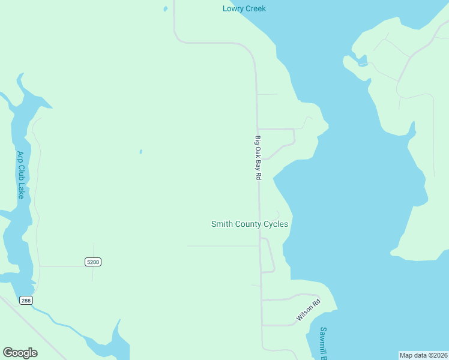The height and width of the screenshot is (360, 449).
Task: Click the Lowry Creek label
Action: click(x=244, y=8)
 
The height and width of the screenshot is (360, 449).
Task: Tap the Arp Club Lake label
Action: click(x=20, y=175)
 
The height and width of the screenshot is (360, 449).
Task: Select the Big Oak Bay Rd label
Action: click(x=258, y=158)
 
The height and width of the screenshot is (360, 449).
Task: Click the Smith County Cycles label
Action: click(x=249, y=224)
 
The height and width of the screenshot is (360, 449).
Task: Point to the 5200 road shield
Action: click(x=92, y=262)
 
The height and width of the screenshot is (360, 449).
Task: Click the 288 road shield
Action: click(x=25, y=300)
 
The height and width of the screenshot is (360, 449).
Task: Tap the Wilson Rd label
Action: click(x=309, y=310)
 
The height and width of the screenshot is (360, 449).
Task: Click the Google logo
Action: click(x=20, y=353)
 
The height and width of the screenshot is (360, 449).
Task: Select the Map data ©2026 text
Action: click(x=423, y=355)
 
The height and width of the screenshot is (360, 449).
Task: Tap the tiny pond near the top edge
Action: click(x=166, y=9)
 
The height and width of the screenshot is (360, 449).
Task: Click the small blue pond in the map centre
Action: click(x=141, y=151)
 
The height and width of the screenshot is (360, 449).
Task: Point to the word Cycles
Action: click(x=274, y=224)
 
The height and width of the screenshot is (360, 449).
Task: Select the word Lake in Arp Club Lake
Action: click(x=20, y=191)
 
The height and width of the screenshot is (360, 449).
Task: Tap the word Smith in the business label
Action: click(x=221, y=224)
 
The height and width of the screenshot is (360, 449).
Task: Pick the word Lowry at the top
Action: click(x=232, y=8)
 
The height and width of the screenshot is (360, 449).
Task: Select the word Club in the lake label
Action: click(x=20, y=174)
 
